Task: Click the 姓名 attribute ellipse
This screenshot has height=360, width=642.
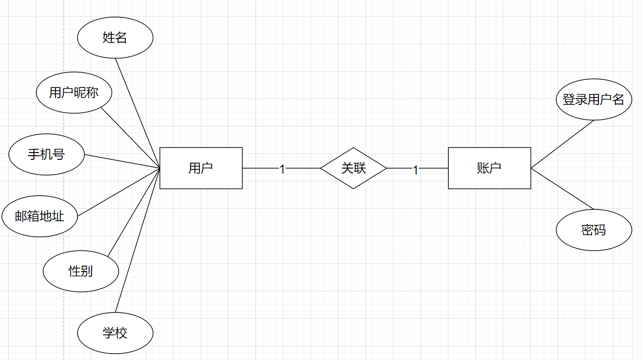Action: coord(115,38)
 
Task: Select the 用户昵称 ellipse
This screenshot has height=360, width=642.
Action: coord(74,93)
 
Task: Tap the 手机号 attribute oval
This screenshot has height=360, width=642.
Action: coord(46,154)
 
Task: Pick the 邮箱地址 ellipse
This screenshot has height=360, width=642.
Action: coord(39,216)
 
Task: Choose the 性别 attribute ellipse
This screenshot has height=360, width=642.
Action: coord(81,271)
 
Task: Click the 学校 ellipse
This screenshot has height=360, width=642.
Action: coord(115,333)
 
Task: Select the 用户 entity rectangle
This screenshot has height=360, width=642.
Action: coord(201,168)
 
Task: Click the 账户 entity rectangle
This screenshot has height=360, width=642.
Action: coord(489,168)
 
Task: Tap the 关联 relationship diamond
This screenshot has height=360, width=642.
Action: coord(353,168)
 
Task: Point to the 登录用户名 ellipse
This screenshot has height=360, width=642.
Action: coord(593,99)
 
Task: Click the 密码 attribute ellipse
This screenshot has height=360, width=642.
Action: coord(593,230)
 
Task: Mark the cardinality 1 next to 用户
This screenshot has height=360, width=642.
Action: coord(282,169)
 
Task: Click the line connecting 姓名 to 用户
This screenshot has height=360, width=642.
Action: coord(137,113)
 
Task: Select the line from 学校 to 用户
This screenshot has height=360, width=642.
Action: coord(137,240)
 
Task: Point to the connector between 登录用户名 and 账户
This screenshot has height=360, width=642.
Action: coord(562,144)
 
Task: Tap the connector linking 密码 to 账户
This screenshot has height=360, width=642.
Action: coord(562,189)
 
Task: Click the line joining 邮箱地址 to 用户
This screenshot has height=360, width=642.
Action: coord(119,192)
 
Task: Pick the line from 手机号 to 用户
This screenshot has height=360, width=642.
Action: coord(122,161)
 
